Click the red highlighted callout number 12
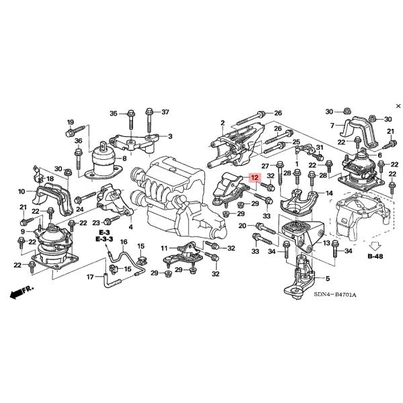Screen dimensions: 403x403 pos(254,178)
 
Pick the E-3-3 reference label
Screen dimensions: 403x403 pos(105,239)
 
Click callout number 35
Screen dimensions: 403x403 pos(114,112)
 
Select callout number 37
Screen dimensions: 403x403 pos(165,112)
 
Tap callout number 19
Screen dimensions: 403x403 pos(70,122)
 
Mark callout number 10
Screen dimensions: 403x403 pos(21,191)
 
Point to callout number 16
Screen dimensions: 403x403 pos(124,242)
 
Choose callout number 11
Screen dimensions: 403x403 pos(163,249)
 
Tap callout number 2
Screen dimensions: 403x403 pos(222,122)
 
